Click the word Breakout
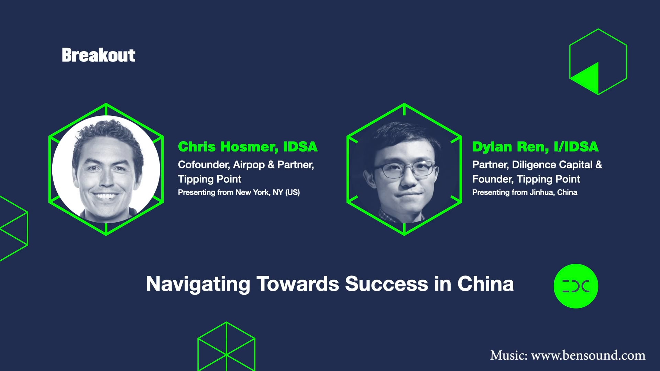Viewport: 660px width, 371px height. [98, 55]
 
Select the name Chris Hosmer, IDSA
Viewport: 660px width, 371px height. [247, 147]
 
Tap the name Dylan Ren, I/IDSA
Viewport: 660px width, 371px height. [535, 147]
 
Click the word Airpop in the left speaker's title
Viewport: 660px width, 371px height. [249, 165]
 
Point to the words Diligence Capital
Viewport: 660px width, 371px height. [552, 165]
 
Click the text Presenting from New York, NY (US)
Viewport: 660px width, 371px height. [239, 192]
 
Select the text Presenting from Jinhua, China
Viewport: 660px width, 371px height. [525, 192]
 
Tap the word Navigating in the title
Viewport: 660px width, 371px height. [198, 284]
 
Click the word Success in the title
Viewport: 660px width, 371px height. [386, 284]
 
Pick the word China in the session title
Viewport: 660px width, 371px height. [485, 284]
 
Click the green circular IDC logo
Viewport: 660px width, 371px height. [576, 286]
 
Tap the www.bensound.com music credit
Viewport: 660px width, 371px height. [588, 355]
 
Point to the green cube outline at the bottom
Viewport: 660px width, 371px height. [226, 347]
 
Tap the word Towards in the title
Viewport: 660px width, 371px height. [298, 284]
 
